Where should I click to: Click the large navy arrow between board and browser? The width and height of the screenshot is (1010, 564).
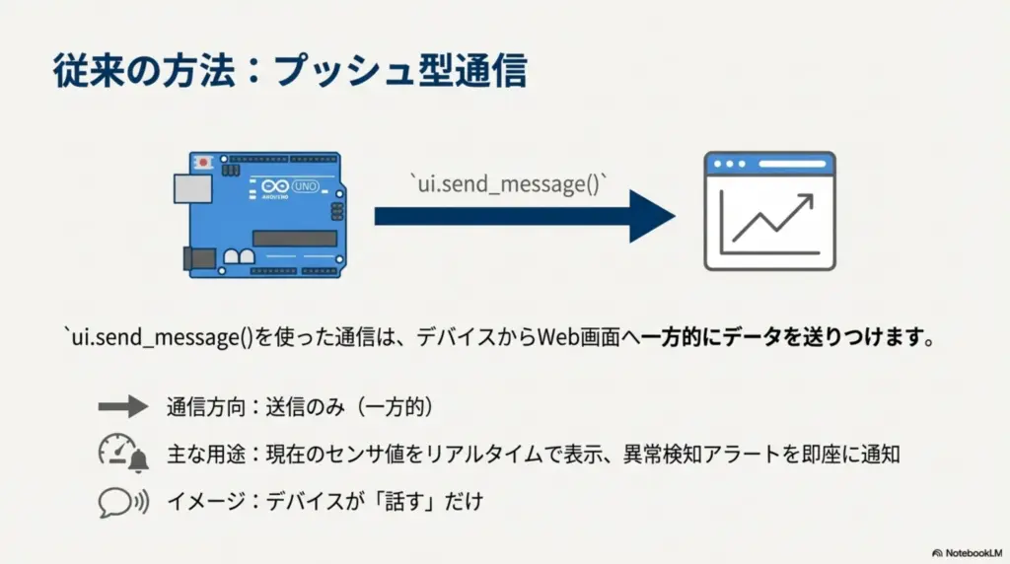click(x=525, y=216)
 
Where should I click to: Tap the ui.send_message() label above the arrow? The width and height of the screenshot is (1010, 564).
click(x=509, y=183)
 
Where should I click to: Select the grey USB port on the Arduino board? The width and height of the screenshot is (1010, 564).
click(x=192, y=188)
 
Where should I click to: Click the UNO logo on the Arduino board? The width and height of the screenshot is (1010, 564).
click(x=306, y=186)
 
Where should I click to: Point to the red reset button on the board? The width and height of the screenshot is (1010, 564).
click(x=203, y=163)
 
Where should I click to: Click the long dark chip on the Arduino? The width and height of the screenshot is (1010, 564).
click(x=294, y=239)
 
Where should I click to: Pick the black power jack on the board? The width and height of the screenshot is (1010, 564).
click(x=199, y=258)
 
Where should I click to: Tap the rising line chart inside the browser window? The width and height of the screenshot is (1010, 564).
click(x=771, y=220)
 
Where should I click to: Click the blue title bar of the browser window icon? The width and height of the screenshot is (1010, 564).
click(x=769, y=165)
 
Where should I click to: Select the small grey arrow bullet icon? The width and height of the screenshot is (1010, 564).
click(x=123, y=406)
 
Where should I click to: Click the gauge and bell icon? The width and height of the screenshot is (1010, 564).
click(x=123, y=454)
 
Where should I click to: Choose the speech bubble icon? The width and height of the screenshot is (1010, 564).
click(x=123, y=502)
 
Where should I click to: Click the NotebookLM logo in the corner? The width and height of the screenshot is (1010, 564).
click(x=967, y=552)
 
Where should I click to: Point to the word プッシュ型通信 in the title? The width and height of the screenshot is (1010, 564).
click(x=400, y=70)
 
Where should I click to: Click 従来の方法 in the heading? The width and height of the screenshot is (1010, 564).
click(x=144, y=70)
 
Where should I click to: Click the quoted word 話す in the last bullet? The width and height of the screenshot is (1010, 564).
click(x=404, y=502)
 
